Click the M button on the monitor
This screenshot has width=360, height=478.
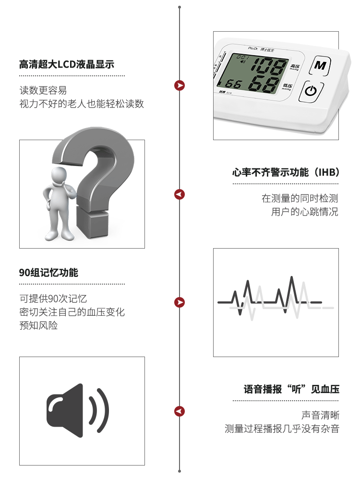point(320,65)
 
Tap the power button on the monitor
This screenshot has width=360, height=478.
point(311,91)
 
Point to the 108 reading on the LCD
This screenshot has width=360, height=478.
point(268,66)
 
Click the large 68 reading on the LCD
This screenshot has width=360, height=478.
point(264,84)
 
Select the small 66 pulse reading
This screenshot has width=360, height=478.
point(233,84)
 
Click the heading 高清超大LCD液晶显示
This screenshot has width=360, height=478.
point(67,64)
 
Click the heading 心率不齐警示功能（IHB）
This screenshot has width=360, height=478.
point(286,172)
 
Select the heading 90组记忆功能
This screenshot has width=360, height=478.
point(49,273)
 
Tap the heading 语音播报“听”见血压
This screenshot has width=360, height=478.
point(291,389)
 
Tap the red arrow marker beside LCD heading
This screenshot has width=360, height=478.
point(180,85)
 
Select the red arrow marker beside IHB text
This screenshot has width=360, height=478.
point(180,194)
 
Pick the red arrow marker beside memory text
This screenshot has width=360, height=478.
point(180,302)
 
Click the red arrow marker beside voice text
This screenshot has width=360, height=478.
point(180,411)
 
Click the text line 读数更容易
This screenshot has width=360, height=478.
point(43,90)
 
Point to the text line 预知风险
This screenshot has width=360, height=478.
point(38,325)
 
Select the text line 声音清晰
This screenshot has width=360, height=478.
point(320,415)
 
